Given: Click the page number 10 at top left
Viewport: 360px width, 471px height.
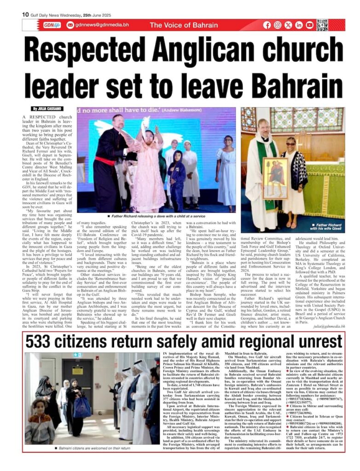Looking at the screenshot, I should click(x=26, y=14).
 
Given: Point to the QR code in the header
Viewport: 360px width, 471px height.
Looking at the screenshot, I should click(x=322, y=25).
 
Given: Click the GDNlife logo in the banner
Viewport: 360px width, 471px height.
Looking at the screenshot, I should click(x=52, y=25).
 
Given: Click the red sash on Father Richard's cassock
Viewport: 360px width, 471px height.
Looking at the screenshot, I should click(x=107, y=161).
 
